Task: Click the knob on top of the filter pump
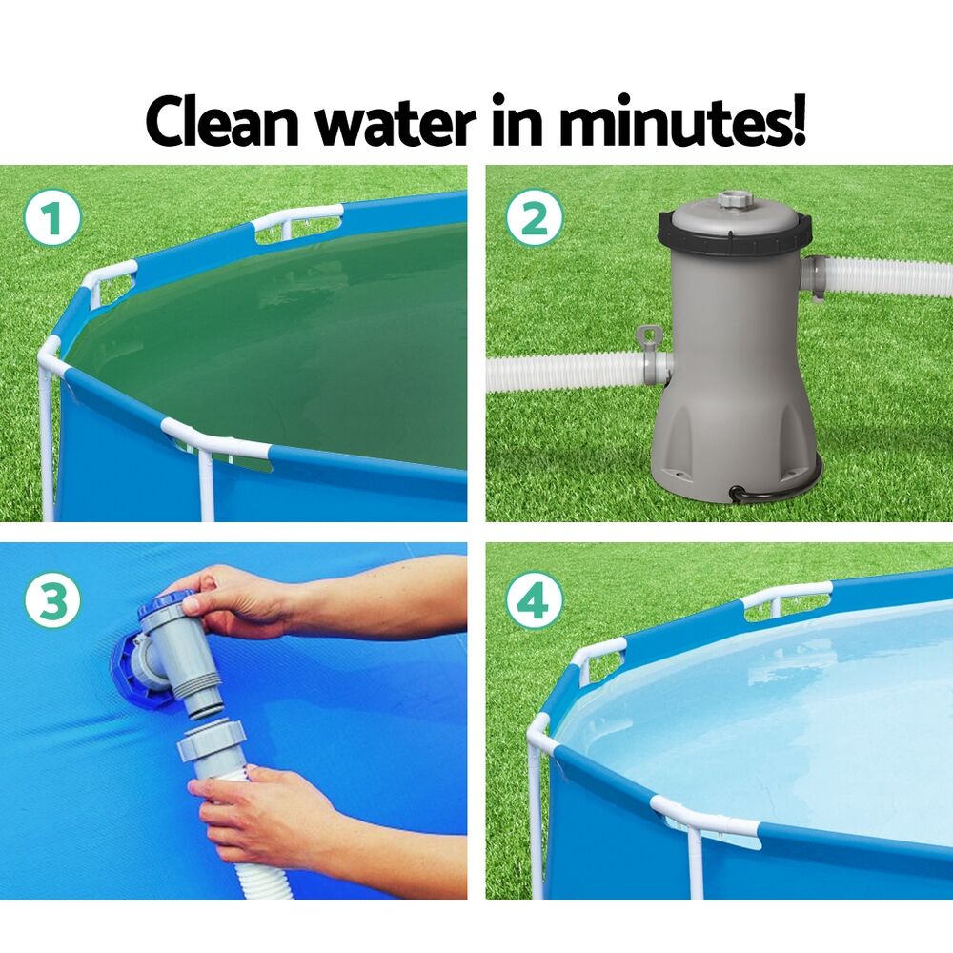coord(733,200)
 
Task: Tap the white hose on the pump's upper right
coord(886,275)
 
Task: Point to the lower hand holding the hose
coord(257,810)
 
